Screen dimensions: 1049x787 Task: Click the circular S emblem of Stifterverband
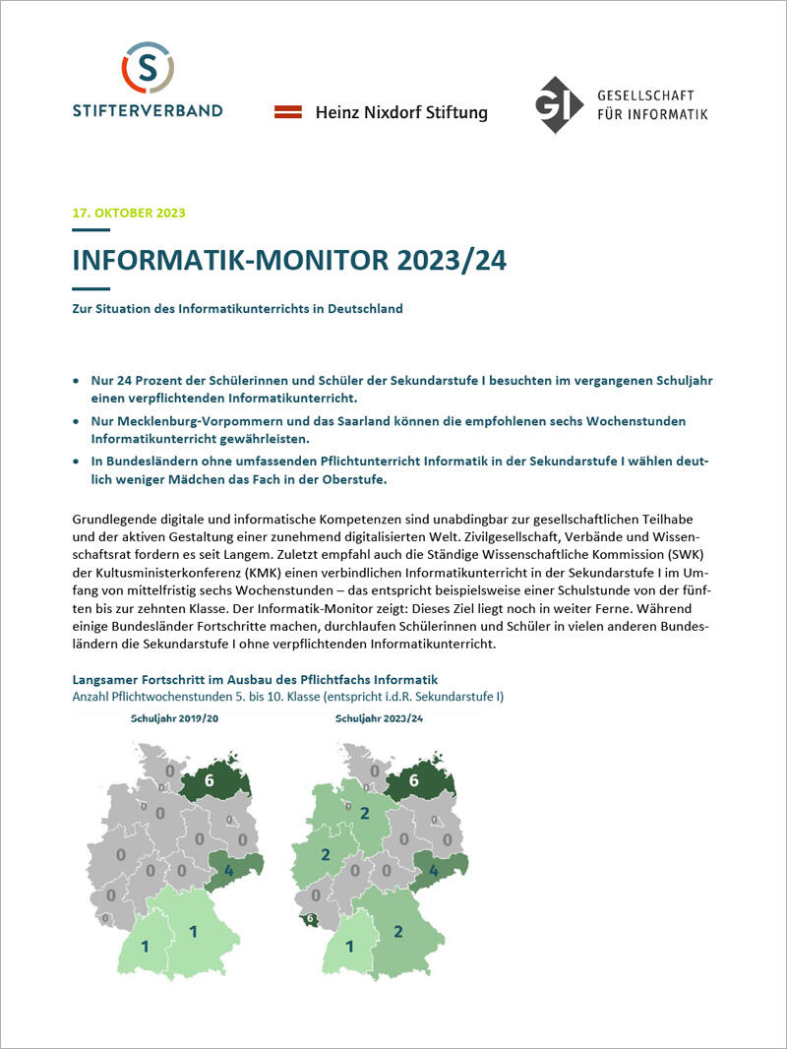(x=148, y=68)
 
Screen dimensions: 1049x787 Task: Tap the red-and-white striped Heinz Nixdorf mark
(x=287, y=112)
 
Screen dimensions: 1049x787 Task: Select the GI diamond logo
(x=559, y=104)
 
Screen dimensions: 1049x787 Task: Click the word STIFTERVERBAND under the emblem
(x=148, y=110)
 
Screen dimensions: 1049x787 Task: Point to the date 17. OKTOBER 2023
(x=129, y=213)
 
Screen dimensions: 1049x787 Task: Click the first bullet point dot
(x=78, y=379)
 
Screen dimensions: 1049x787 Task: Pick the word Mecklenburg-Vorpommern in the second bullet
(x=185, y=420)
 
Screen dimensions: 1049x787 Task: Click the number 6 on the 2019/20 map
(x=209, y=780)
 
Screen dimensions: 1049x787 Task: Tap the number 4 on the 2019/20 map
(x=228, y=871)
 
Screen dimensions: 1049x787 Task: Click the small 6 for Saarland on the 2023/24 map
(x=310, y=919)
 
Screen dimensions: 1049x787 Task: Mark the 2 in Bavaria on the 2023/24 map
(x=398, y=931)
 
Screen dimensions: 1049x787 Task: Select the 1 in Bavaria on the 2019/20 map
(x=194, y=931)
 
